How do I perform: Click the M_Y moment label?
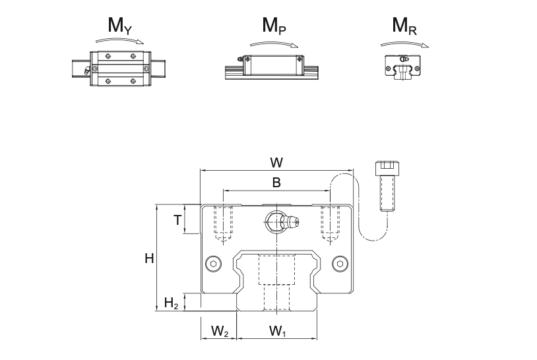121,26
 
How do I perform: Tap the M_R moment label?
404,26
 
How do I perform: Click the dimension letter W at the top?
276,162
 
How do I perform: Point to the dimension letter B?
276,183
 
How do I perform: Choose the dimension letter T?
177,220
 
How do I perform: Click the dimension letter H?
150,258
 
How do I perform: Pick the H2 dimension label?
171,303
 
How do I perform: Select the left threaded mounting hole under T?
224,220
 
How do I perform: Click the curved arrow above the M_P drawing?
272,43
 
